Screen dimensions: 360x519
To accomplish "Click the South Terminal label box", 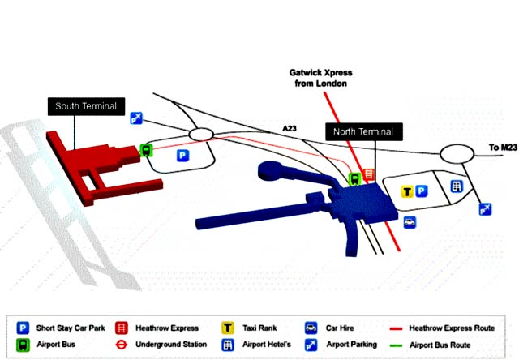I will [86, 106].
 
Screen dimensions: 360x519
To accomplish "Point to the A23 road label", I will [290, 128].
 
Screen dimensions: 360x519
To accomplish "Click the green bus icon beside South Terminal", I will [147, 149].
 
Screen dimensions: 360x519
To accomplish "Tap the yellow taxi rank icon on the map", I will [408, 191].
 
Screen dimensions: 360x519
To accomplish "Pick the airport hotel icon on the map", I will [457, 186].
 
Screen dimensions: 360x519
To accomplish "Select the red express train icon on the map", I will [369, 175].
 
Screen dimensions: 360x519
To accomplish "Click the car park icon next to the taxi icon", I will [422, 191].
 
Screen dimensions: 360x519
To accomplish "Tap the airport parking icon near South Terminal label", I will [137, 118].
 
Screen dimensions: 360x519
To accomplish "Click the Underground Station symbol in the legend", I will [119, 344].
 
